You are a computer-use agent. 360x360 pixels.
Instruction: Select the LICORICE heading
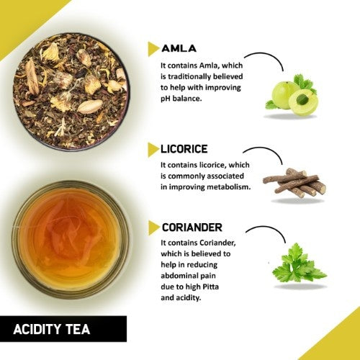pyautogui.click(x=185, y=149)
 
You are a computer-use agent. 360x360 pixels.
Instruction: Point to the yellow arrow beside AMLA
pyautogui.click(x=153, y=48)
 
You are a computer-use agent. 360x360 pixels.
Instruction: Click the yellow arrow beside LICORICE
pyautogui.click(x=153, y=149)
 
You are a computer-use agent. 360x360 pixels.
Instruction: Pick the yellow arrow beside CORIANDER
pyautogui.click(x=153, y=228)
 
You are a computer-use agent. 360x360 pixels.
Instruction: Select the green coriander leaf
pyautogui.click(x=295, y=265)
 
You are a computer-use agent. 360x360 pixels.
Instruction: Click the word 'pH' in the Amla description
pyautogui.click(x=166, y=99)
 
